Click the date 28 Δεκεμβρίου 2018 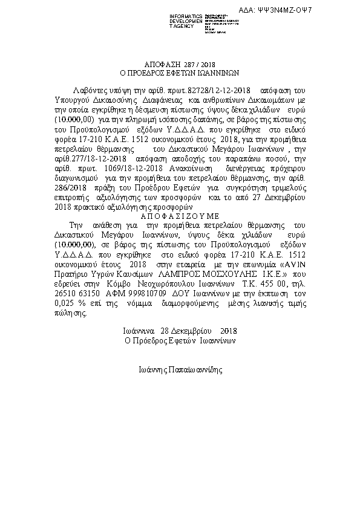tap(180, 331)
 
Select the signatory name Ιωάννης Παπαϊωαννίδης tap(180, 368)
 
